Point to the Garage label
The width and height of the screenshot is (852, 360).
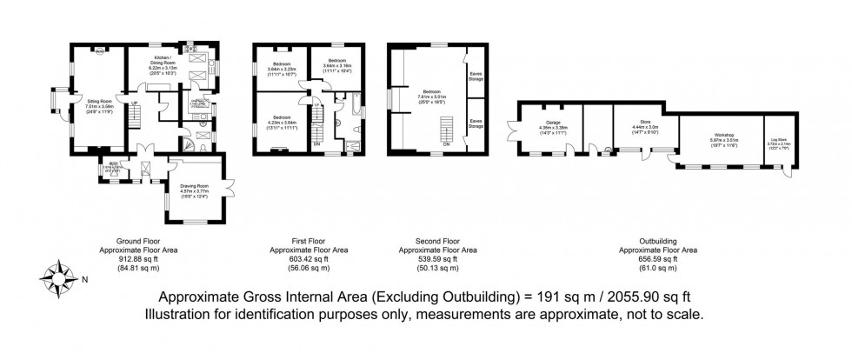coord(554,127)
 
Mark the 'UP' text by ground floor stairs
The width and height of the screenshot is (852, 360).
coord(136,104)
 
